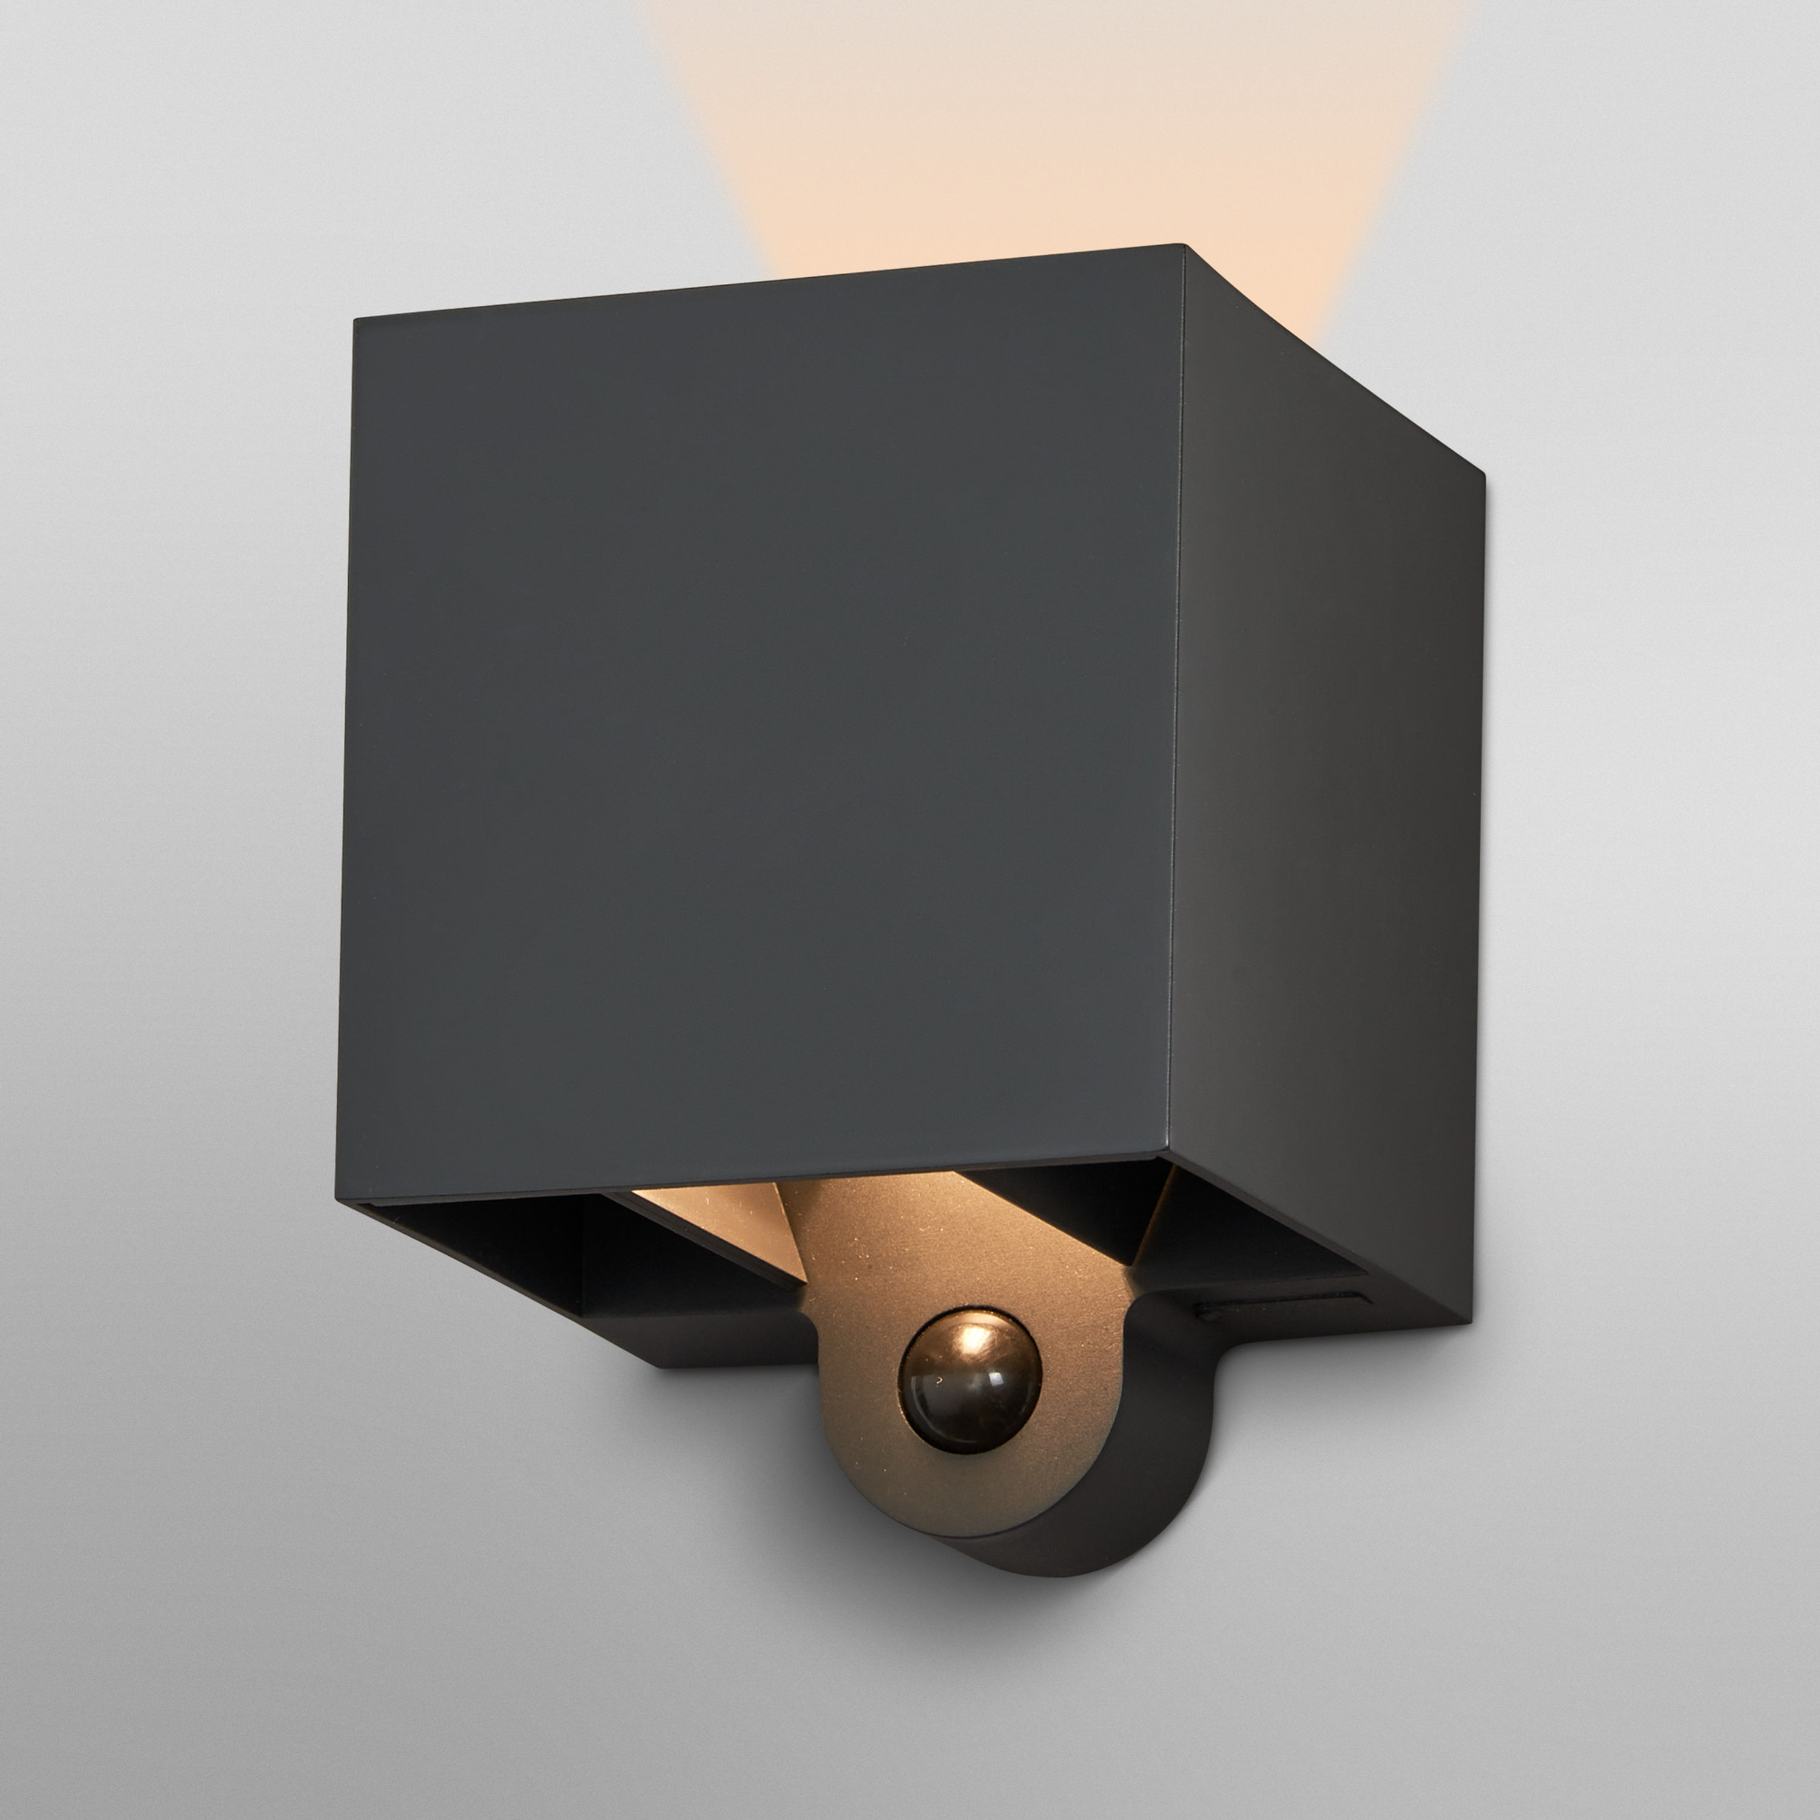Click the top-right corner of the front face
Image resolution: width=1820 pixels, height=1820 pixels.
1182,247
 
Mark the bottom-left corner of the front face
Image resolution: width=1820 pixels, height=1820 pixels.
338,1199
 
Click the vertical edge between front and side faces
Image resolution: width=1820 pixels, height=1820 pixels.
1176,707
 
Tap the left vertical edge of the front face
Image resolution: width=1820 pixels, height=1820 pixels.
346,753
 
